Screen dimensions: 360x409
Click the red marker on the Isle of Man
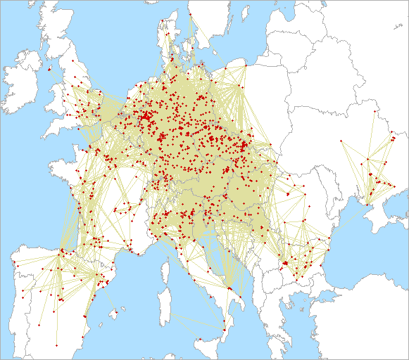click(48, 69)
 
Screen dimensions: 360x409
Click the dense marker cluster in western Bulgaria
click(284, 263)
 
